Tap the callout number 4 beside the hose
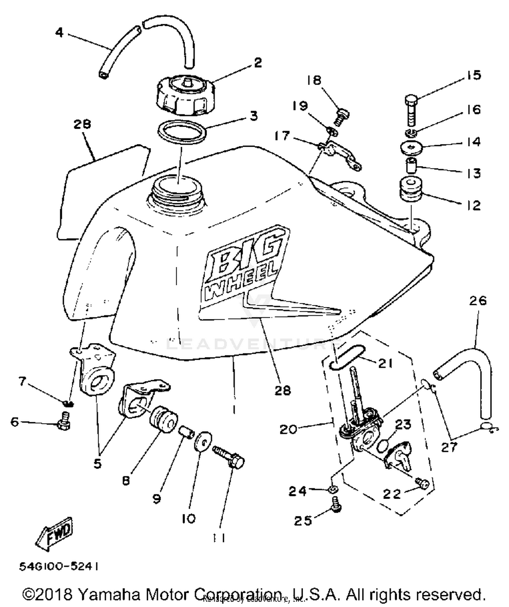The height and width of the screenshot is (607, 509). pos(59,33)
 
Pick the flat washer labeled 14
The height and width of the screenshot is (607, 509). pos(411,147)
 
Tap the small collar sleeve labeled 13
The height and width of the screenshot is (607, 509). pos(411,164)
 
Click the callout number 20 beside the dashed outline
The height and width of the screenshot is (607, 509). pos(288,429)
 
